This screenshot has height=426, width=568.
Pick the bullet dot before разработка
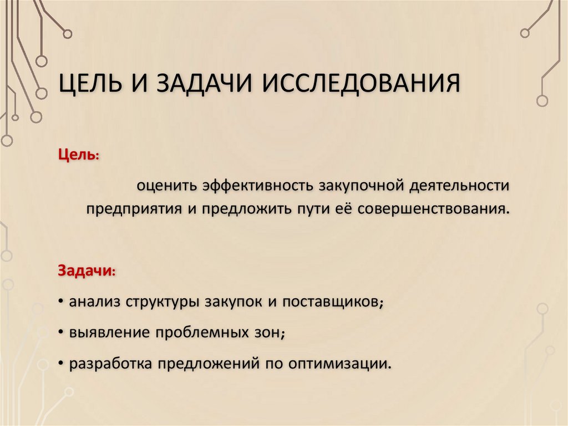60,364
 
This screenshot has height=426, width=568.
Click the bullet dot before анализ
60,302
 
